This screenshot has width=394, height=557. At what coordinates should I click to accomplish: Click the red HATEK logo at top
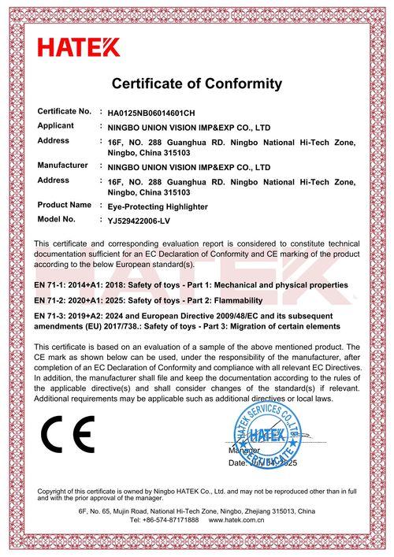point(79,47)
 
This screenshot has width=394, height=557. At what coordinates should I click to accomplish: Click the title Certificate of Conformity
point(197,83)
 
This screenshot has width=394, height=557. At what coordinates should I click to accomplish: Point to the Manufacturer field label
point(63,165)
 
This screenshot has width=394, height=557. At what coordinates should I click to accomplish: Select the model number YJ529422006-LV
point(137,220)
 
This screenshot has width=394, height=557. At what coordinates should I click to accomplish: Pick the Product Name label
point(65,205)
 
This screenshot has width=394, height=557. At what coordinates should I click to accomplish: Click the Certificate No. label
point(65,112)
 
